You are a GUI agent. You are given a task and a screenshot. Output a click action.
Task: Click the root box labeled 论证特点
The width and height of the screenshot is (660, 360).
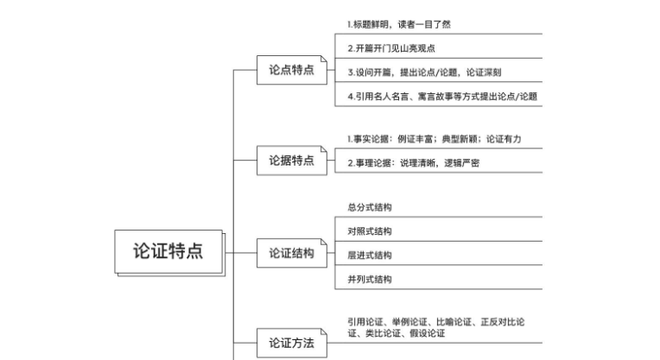tap(168, 251)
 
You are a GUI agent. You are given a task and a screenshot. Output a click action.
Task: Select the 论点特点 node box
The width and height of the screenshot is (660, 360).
tap(292, 70)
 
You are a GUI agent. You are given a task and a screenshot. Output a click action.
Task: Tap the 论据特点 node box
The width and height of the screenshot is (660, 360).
tap(292, 161)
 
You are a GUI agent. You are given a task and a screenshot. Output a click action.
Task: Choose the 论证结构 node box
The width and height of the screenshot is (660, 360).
tap(292, 253)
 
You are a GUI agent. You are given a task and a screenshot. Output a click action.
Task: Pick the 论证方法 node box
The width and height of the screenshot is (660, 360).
tap(292, 344)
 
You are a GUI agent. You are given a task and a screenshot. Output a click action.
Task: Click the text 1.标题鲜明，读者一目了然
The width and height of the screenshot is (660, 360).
tap(399, 24)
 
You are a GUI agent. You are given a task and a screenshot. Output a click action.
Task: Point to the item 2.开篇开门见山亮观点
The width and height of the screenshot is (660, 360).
tap(391, 48)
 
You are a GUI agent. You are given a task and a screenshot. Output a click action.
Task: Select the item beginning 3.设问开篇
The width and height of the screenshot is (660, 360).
tap(424, 73)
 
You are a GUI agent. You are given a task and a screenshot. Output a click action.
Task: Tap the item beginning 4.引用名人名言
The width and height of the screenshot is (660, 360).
tap(442, 97)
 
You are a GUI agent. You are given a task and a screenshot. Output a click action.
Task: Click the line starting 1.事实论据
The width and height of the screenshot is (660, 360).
tap(434, 139)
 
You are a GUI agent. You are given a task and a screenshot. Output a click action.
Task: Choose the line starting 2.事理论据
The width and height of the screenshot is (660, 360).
tap(413, 163)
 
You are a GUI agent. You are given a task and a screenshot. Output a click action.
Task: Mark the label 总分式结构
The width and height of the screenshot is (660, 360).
tap(370, 207)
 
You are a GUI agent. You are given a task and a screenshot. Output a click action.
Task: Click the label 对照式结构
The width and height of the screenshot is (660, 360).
tap(370, 231)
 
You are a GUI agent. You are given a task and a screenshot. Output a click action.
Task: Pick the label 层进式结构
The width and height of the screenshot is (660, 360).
tap(370, 256)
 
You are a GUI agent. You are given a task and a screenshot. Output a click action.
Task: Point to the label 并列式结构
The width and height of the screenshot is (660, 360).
tap(370, 279)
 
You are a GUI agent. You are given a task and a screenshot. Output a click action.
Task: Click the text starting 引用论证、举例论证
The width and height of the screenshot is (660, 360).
tap(436, 327)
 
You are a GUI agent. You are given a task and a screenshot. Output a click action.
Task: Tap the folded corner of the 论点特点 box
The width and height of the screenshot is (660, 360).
tap(324, 59)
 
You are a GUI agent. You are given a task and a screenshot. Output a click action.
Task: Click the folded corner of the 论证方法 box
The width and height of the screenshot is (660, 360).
tap(324, 332)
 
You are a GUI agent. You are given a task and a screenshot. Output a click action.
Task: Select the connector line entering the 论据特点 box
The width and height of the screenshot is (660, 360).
tap(245, 161)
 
